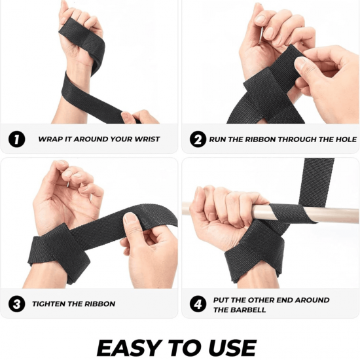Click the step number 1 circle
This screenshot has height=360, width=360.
17,139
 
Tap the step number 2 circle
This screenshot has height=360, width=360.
198,139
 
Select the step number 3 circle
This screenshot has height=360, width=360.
17,304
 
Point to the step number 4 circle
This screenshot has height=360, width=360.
198,304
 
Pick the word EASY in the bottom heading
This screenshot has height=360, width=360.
129,348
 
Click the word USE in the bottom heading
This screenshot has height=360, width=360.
232,348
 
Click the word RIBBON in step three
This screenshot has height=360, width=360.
100,304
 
